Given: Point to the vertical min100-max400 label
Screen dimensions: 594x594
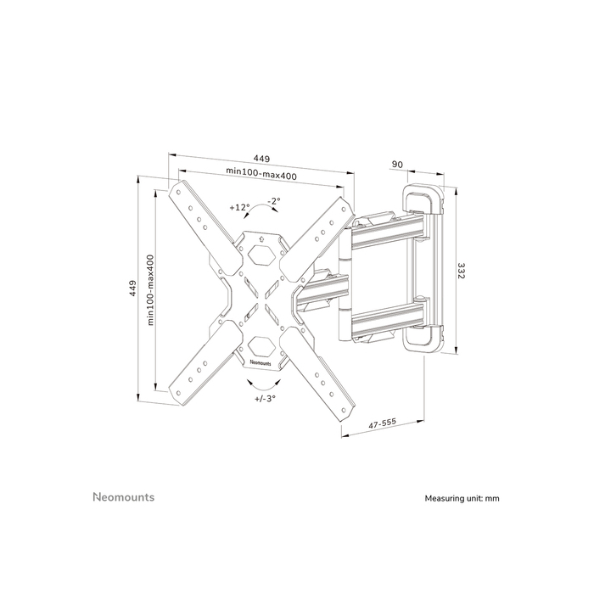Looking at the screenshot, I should tap(150, 289).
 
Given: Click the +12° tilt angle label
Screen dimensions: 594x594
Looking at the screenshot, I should tap(239, 207).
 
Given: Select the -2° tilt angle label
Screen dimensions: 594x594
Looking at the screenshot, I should tap(273, 200).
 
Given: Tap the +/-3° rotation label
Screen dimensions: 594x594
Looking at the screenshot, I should tap(264, 397).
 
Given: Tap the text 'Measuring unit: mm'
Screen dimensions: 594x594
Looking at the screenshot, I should tap(462, 498).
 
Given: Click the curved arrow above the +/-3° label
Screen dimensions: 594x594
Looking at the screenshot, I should tap(263, 382).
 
